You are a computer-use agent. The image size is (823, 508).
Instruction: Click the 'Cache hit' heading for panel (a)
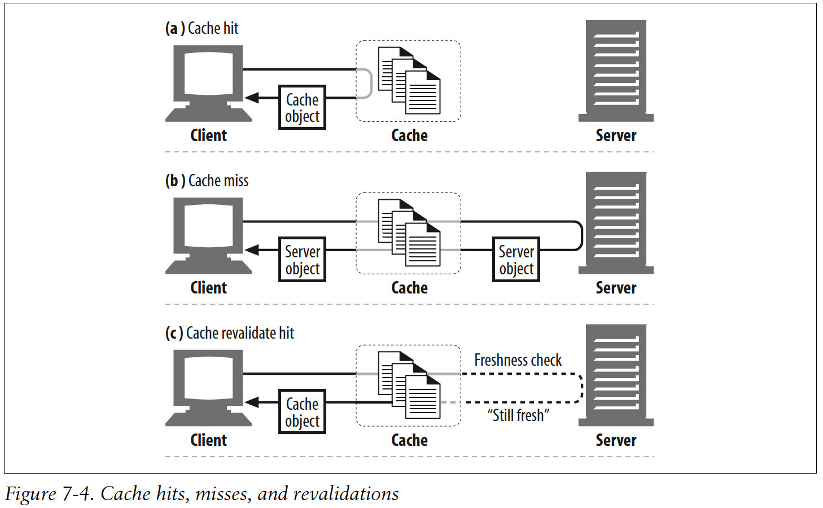pyautogui.click(x=202, y=28)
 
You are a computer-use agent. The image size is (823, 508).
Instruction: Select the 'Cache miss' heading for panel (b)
pyautogui.click(x=207, y=181)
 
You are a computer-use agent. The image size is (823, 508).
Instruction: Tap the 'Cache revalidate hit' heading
pyautogui.click(x=230, y=333)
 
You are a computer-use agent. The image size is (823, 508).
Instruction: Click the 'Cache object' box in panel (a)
pyautogui.click(x=303, y=107)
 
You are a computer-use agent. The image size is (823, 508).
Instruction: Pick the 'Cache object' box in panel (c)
pyautogui.click(x=303, y=412)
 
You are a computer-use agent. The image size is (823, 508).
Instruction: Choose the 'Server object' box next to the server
pyautogui.click(x=516, y=260)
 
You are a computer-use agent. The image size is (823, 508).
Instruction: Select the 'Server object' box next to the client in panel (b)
pyautogui.click(x=303, y=260)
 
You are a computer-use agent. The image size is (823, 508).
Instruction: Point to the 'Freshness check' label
pyautogui.click(x=518, y=360)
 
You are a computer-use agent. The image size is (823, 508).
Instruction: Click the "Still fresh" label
pyautogui.click(x=518, y=415)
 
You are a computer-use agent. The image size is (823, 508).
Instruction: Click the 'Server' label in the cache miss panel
pyautogui.click(x=616, y=288)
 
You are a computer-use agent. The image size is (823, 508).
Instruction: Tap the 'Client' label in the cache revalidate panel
pyautogui.click(x=209, y=440)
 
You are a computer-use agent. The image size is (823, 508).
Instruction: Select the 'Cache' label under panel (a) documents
pyautogui.click(x=409, y=135)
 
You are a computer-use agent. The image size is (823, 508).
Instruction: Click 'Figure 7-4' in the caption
pyautogui.click(x=49, y=494)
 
